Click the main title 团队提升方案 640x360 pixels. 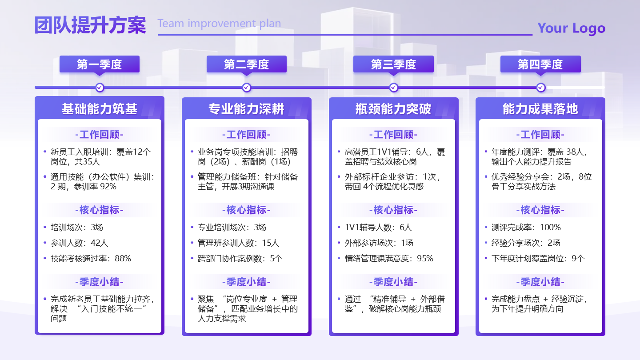[x=90, y=26]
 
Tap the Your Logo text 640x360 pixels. [x=571, y=28]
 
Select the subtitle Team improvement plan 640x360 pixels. [x=219, y=24]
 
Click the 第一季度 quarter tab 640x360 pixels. [x=100, y=64]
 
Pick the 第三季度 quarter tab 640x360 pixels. [x=393, y=64]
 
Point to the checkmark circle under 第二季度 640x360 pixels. [x=247, y=88]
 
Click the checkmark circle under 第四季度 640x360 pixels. [x=540, y=88]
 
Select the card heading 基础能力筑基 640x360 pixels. [x=100, y=109]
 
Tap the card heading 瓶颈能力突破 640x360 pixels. [x=393, y=109]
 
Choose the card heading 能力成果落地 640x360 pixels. [x=540, y=109]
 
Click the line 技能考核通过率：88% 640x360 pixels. [x=91, y=258]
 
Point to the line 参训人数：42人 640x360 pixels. [x=79, y=243]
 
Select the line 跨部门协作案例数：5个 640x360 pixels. [x=240, y=258]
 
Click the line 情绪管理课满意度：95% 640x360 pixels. [x=389, y=258]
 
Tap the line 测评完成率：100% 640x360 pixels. [x=526, y=227]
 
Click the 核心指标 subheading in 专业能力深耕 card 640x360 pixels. [x=247, y=210]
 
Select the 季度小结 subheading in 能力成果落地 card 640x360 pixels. [x=540, y=282]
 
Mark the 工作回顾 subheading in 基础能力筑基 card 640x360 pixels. [x=100, y=135]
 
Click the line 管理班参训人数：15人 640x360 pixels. [x=238, y=243]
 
